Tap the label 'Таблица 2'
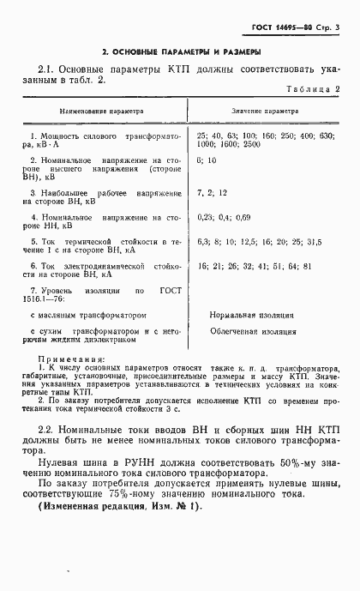click(312, 88)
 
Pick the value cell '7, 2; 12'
click(211, 191)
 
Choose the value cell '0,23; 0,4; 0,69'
click(224, 217)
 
